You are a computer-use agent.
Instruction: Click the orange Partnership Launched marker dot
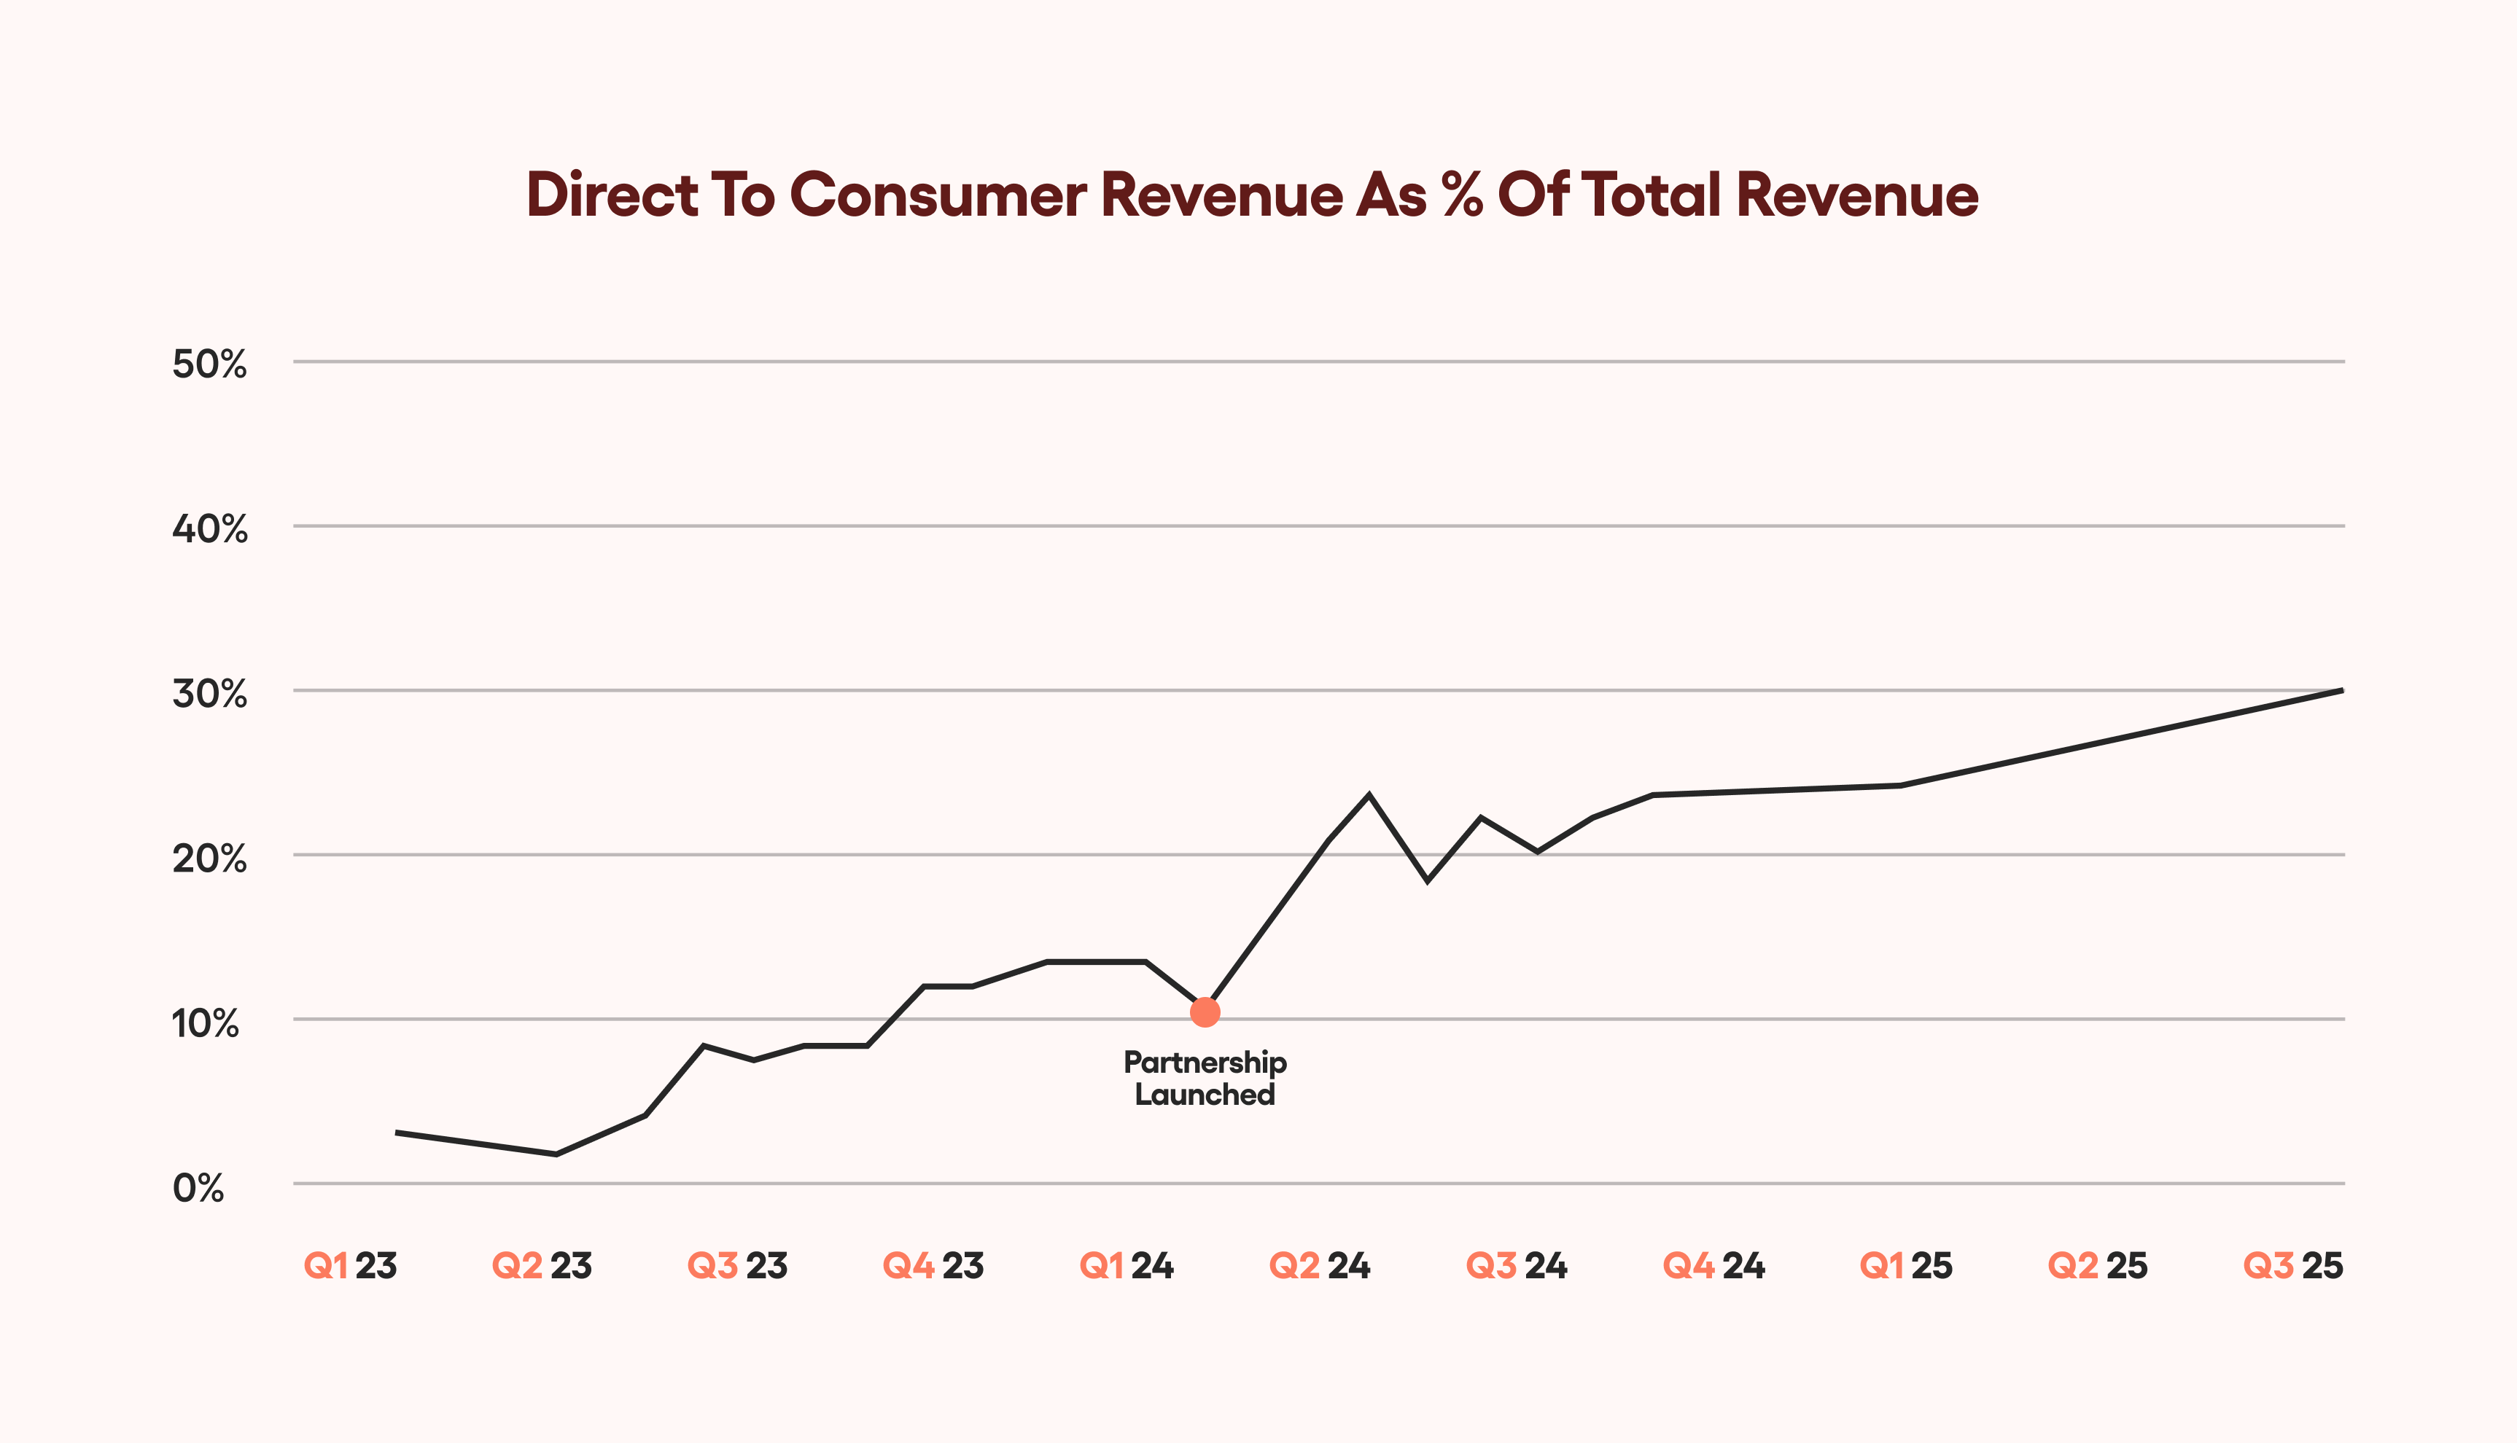1205,1012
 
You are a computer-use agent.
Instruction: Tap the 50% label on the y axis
209,364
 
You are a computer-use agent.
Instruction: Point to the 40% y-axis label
209,528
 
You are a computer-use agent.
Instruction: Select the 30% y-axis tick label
209,693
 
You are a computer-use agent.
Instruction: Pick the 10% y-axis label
205,1022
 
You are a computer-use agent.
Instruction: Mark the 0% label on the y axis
198,1186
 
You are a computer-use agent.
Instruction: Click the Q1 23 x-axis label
350,1266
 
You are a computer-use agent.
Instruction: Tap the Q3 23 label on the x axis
738,1266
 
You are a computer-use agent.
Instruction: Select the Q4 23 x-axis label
933,1266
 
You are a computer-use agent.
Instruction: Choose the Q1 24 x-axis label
1126,1266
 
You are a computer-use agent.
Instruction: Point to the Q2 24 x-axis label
1320,1266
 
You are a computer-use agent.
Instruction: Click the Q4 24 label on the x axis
1714,1266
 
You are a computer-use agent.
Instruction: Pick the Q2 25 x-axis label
2098,1266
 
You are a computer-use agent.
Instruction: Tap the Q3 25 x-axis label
2293,1266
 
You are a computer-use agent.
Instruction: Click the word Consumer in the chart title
938,195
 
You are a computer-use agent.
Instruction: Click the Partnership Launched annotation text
1205,1079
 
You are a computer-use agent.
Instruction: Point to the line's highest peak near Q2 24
1369,795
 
